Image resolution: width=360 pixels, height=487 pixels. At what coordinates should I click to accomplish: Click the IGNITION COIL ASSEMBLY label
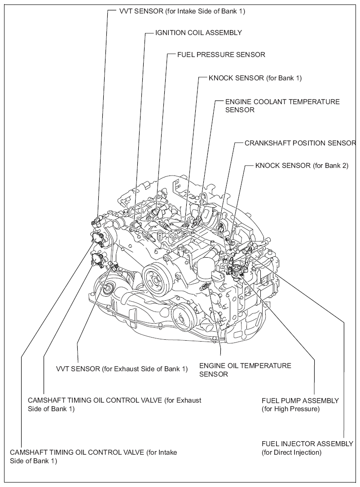(198, 32)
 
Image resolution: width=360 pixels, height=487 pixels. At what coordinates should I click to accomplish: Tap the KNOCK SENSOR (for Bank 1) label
(255, 78)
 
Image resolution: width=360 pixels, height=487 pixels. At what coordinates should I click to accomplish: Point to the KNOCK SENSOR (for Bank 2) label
(302, 166)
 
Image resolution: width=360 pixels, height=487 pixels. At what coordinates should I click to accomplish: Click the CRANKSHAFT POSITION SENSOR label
(300, 143)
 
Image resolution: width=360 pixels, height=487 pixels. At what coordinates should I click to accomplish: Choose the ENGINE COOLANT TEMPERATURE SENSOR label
(282, 106)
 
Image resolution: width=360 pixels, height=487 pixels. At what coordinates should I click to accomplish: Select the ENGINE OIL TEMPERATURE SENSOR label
(245, 370)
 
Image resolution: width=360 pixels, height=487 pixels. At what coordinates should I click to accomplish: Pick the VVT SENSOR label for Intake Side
(182, 11)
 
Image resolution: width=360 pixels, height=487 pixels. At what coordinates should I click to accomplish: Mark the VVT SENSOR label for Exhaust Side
(122, 369)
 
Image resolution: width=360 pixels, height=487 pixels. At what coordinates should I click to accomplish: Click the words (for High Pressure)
(290, 409)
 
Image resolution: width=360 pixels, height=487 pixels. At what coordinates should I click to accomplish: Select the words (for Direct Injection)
(291, 452)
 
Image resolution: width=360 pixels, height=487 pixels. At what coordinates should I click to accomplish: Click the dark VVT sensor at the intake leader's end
(96, 220)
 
